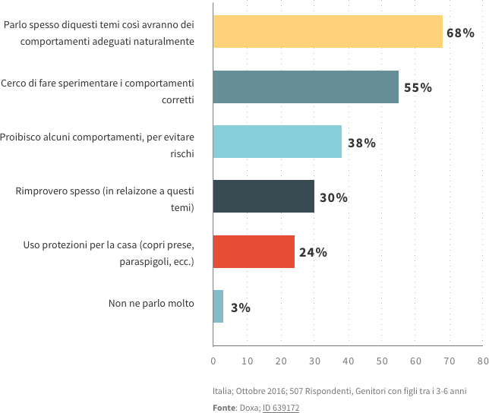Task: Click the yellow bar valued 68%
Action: [327, 31]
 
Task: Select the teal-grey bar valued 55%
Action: [305, 87]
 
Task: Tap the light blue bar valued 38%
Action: [277, 141]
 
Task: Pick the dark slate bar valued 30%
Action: [263, 197]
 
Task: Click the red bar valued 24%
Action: [254, 251]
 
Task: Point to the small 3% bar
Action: [218, 307]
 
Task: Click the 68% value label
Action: [460, 33]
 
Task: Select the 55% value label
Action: [417, 87]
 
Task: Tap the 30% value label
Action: [333, 197]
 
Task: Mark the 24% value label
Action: [312, 252]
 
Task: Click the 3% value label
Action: [240, 307]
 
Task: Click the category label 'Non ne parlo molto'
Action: [152, 303]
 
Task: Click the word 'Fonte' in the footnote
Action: [223, 406]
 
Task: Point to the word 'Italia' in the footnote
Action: [222, 390]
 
